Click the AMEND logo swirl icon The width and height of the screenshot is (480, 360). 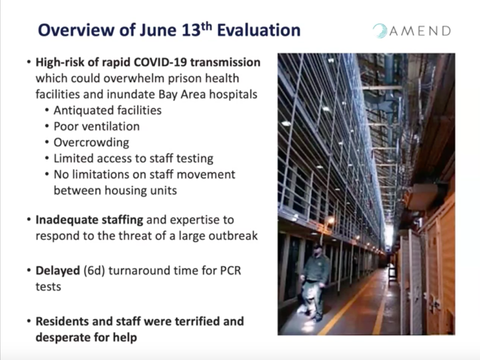pyautogui.click(x=380, y=31)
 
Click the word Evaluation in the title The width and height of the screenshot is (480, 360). pyautogui.click(x=259, y=30)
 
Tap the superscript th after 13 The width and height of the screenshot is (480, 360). pyautogui.click(x=207, y=26)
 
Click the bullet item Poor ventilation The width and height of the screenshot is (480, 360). pyautogui.click(x=97, y=127)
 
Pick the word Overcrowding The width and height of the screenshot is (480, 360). pyautogui.click(x=91, y=143)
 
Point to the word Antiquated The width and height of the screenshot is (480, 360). pyautogui.click(x=80, y=110)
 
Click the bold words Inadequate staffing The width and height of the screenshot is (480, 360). pyautogui.click(x=89, y=220)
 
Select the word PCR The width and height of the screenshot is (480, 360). pyautogui.click(x=231, y=271)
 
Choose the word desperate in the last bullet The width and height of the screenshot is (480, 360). pyautogui.click(x=63, y=337)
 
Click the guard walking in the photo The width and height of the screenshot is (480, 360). pyautogui.click(x=313, y=282)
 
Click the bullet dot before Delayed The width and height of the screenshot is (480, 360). pyautogui.click(x=29, y=271)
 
